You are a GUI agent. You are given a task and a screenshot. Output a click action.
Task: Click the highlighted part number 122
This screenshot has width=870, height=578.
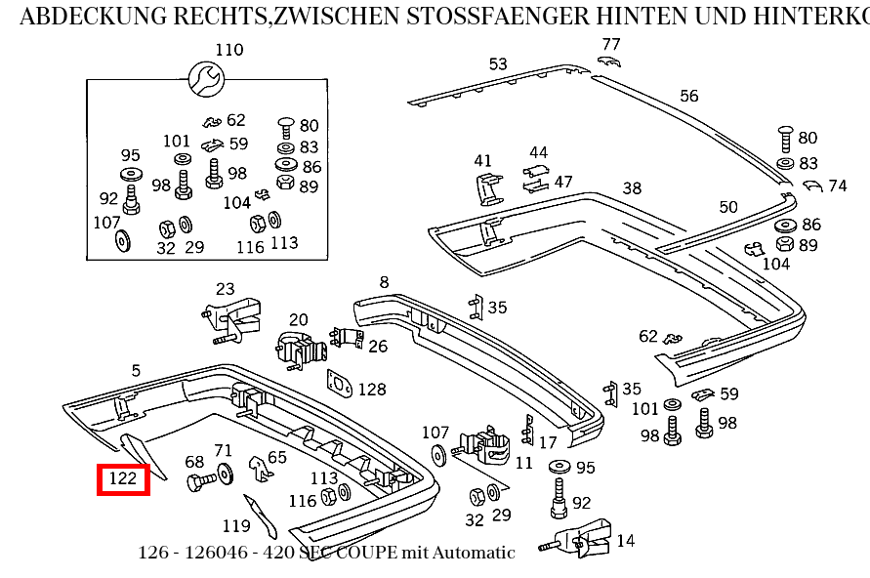123,479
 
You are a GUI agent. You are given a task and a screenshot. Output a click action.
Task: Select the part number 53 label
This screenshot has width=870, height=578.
498,64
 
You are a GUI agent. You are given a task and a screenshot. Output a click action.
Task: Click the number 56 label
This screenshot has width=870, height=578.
689,96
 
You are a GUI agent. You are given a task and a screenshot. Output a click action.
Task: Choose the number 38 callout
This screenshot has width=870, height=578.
632,188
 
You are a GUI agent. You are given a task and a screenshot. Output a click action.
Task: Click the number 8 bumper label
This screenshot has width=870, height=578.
384,283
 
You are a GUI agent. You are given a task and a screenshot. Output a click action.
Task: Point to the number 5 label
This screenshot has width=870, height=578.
136,370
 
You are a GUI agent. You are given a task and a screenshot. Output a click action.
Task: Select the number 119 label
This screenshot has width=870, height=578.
236,526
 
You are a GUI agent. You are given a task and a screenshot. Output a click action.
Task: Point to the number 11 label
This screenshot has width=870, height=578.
523,463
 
